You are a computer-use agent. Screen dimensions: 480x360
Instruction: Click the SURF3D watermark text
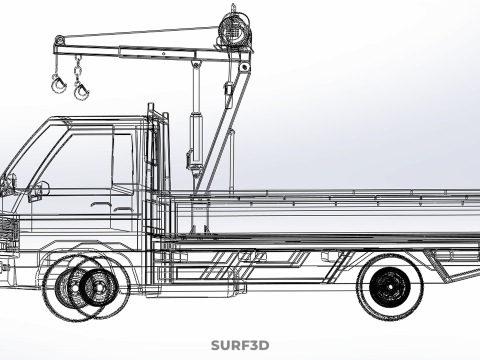pyautogui.click(x=240, y=345)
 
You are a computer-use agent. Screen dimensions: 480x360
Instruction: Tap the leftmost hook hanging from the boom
pyautogui.click(x=59, y=84)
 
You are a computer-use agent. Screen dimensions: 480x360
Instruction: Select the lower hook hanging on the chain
pyautogui.click(x=81, y=91)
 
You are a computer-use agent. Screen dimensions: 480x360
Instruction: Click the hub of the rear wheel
pyautogui.click(x=390, y=287)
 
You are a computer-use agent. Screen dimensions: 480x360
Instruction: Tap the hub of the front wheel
pyautogui.click(x=98, y=287)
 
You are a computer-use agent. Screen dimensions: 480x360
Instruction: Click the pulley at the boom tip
pyautogui.click(x=59, y=41)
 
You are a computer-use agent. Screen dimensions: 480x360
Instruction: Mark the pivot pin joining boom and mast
pyautogui.click(x=245, y=67)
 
